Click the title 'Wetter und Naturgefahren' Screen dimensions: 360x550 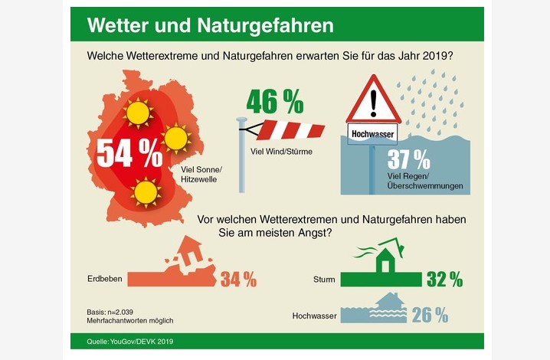[x=210, y=25]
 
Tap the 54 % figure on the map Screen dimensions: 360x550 [x=129, y=152]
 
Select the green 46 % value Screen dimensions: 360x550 [x=274, y=100]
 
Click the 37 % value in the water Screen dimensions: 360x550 [x=408, y=159]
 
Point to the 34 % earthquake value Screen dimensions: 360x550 [x=238, y=280]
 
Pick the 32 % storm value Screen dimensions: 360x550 [x=444, y=280]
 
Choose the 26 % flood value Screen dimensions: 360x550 [x=430, y=314]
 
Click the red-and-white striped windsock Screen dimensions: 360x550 [x=289, y=129]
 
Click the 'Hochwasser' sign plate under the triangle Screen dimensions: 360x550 [x=373, y=135]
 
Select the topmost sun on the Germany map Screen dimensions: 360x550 [x=139, y=113]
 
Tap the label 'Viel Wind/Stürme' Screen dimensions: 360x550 [x=286, y=152]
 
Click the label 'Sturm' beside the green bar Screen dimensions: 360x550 [x=324, y=280]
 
